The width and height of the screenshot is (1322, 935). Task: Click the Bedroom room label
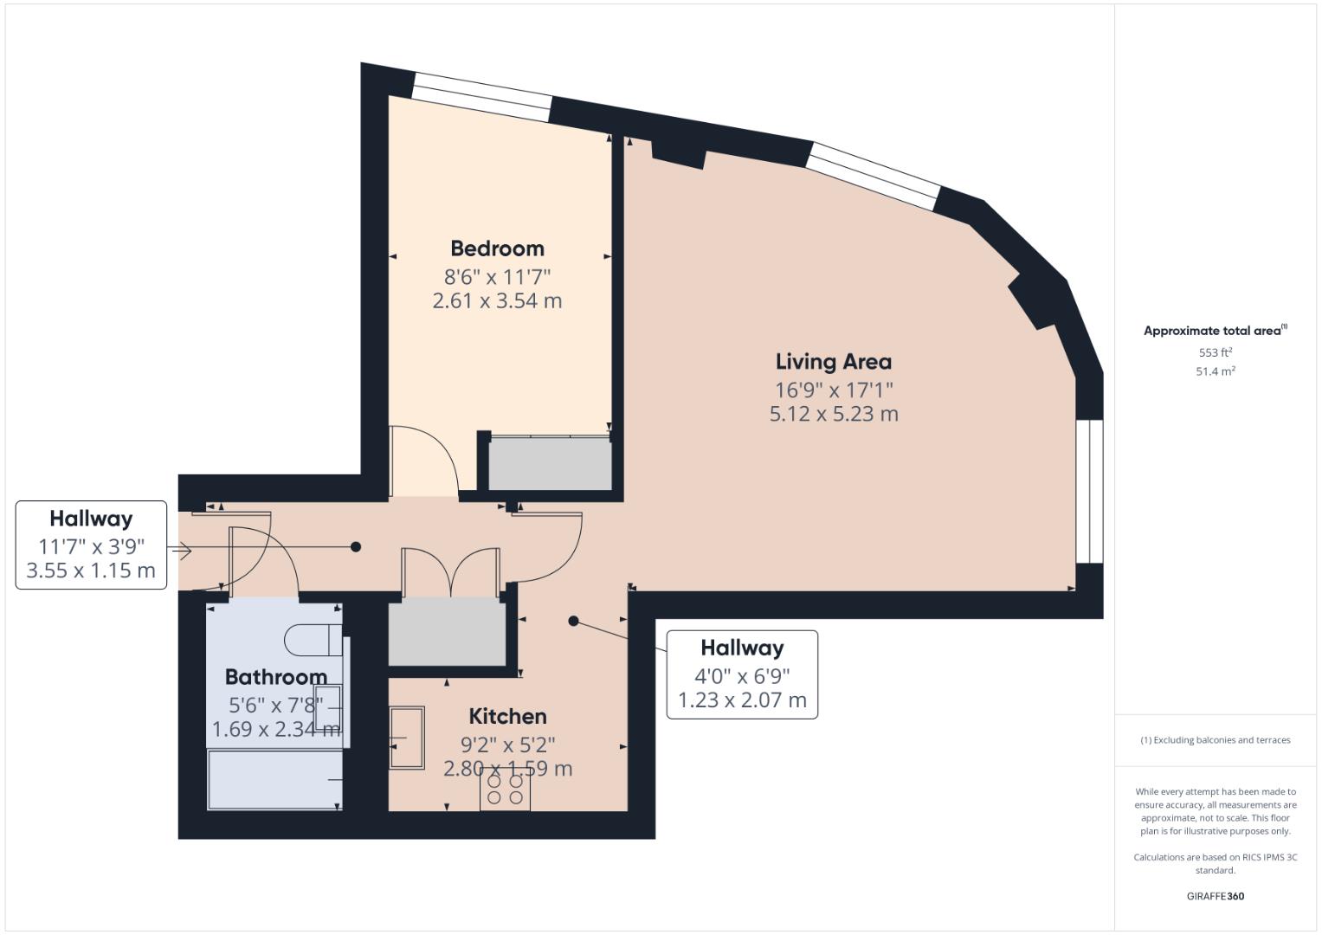coord(497,248)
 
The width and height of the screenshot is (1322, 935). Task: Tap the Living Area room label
coord(833,362)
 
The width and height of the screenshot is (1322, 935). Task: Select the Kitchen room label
coord(507,716)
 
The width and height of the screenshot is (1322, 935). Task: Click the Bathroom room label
coord(275,676)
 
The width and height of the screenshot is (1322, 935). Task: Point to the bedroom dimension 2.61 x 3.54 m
coord(497,301)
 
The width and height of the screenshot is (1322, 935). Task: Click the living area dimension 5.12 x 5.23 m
coord(834,414)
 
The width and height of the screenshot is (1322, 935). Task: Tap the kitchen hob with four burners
coord(505,789)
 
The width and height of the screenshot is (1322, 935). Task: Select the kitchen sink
coord(407,738)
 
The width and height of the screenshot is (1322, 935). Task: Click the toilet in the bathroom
coord(313,640)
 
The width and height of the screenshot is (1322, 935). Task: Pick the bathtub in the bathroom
coord(274,780)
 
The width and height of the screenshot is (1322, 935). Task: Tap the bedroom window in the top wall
coord(481,97)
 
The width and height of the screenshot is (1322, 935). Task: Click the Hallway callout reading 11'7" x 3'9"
coord(91,545)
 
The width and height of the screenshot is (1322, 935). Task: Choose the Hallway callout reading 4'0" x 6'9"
coord(742,674)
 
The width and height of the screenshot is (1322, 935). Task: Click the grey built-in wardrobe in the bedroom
coord(550,466)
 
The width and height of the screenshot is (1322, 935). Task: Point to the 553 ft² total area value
coord(1215,352)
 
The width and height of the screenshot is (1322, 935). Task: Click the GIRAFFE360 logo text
coord(1215,896)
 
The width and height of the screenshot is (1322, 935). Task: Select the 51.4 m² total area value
coord(1215,371)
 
